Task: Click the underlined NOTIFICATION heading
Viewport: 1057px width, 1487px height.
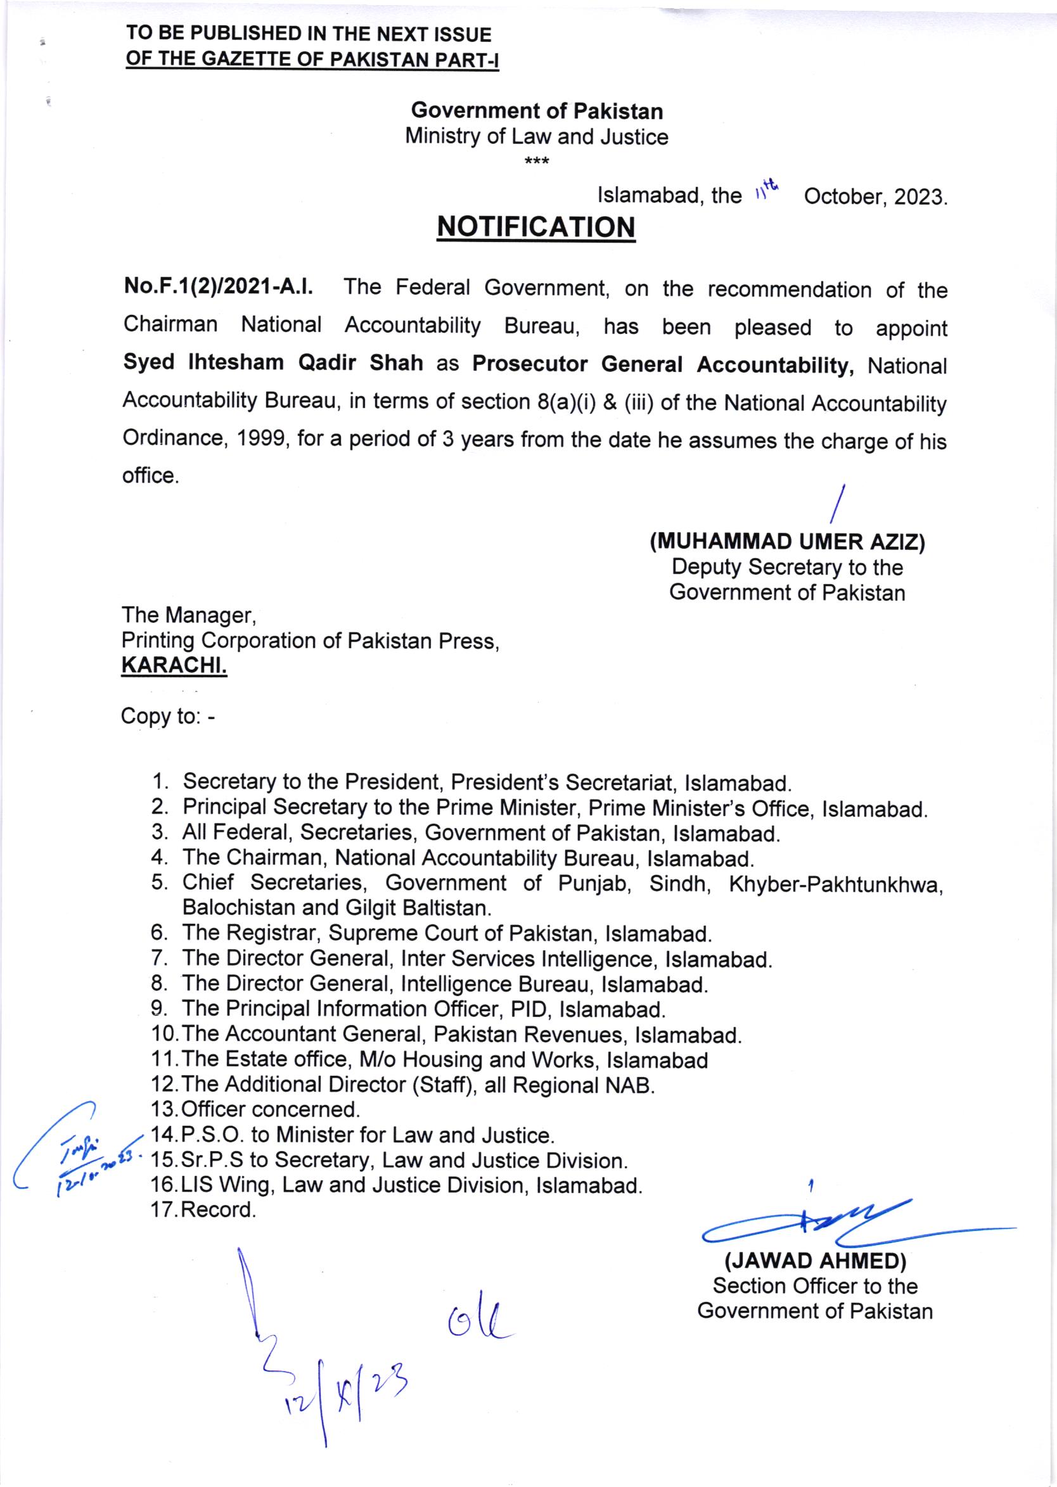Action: coord(536,227)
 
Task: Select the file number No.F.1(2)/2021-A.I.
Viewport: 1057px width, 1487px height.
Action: coord(219,287)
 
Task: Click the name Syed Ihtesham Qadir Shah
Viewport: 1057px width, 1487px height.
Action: coord(273,362)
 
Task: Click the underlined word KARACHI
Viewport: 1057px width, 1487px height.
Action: coord(174,667)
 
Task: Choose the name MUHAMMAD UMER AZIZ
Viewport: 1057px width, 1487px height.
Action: coord(788,542)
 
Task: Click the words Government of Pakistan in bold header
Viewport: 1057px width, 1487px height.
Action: coord(537,112)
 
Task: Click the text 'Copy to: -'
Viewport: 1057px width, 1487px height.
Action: coord(167,717)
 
